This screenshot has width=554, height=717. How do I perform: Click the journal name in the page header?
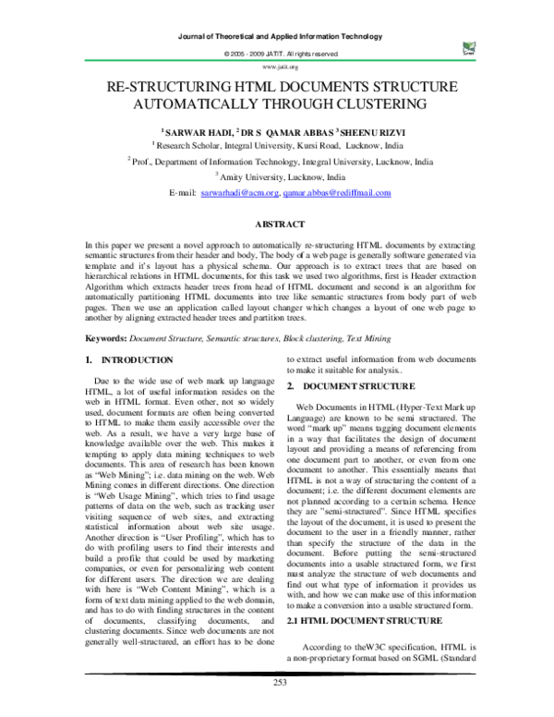(x=278, y=37)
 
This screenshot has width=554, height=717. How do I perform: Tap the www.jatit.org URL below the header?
(x=279, y=67)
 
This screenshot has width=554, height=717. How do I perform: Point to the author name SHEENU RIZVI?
(x=367, y=133)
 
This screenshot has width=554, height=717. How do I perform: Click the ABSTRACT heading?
(x=278, y=224)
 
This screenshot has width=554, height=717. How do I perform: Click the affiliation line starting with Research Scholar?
(x=279, y=146)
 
